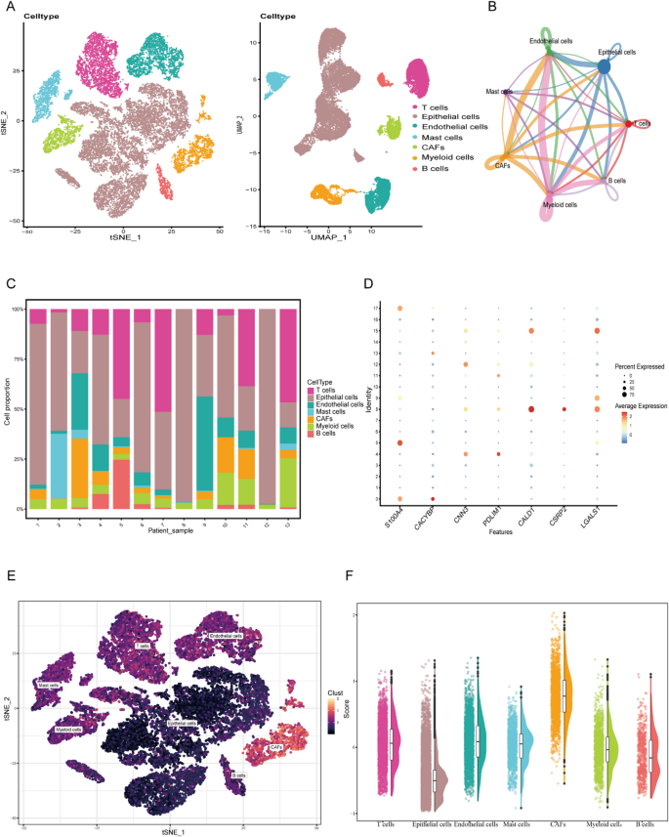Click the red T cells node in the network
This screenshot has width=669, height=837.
(627, 123)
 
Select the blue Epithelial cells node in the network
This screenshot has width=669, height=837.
(604, 66)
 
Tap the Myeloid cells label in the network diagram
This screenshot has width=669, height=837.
(559, 205)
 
